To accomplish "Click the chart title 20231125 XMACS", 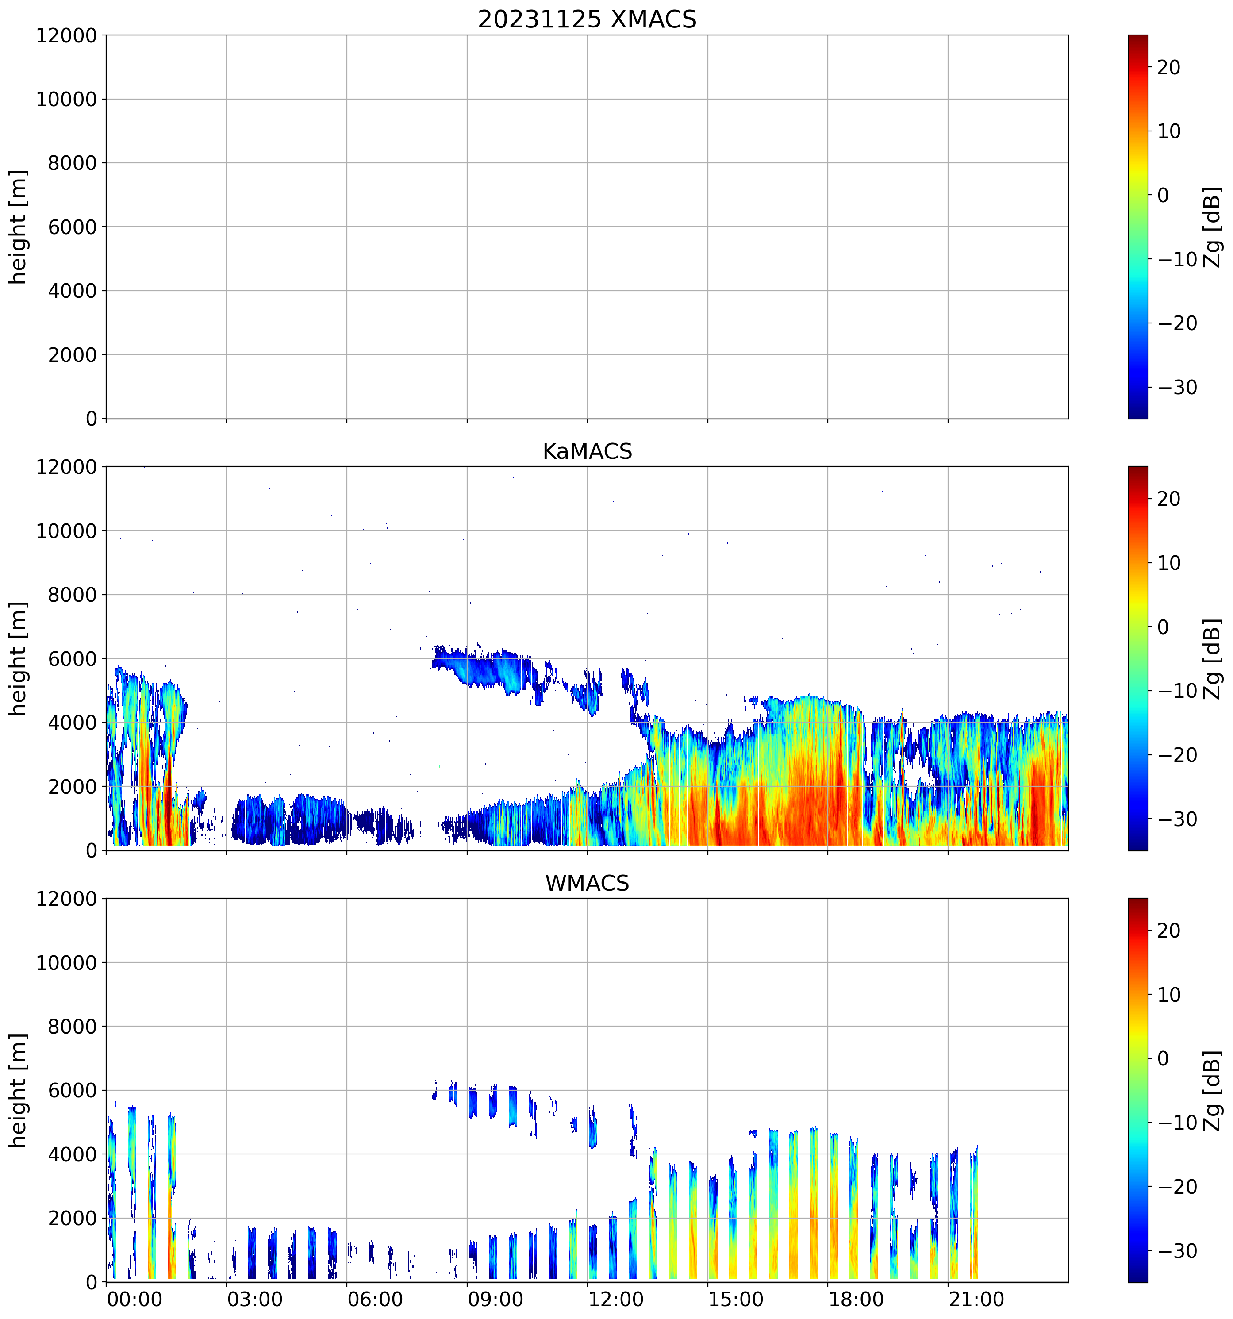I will (x=587, y=19).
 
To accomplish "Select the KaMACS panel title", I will (x=587, y=452).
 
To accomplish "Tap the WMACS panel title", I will (x=587, y=883).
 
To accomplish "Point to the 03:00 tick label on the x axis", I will (x=255, y=1299).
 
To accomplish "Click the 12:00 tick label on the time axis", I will (x=615, y=1299).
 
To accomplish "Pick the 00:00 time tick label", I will (x=134, y=1299).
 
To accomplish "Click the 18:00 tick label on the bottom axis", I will (x=856, y=1299).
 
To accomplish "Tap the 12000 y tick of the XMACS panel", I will (x=66, y=35).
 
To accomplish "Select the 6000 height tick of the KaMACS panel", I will (x=72, y=659).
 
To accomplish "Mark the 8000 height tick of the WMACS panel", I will (x=72, y=1027).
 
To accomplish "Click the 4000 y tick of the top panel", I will (x=72, y=291).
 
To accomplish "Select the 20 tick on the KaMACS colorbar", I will (x=1169, y=499).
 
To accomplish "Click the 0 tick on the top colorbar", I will (x=1163, y=195).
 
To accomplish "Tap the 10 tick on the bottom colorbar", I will (x=1169, y=995).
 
